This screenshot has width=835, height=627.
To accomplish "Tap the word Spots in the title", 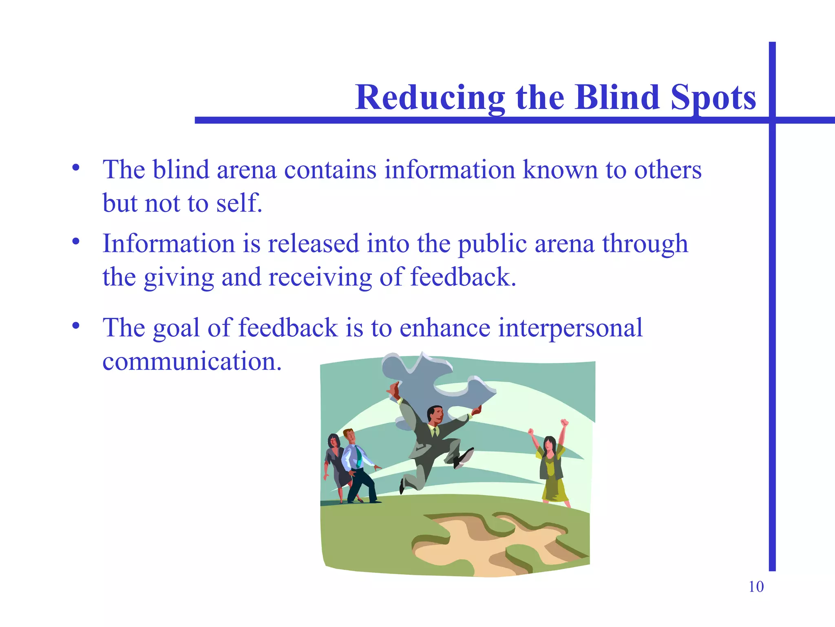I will click(713, 98).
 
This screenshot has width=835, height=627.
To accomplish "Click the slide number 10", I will click(756, 587).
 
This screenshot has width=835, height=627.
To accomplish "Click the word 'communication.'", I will click(192, 362).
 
